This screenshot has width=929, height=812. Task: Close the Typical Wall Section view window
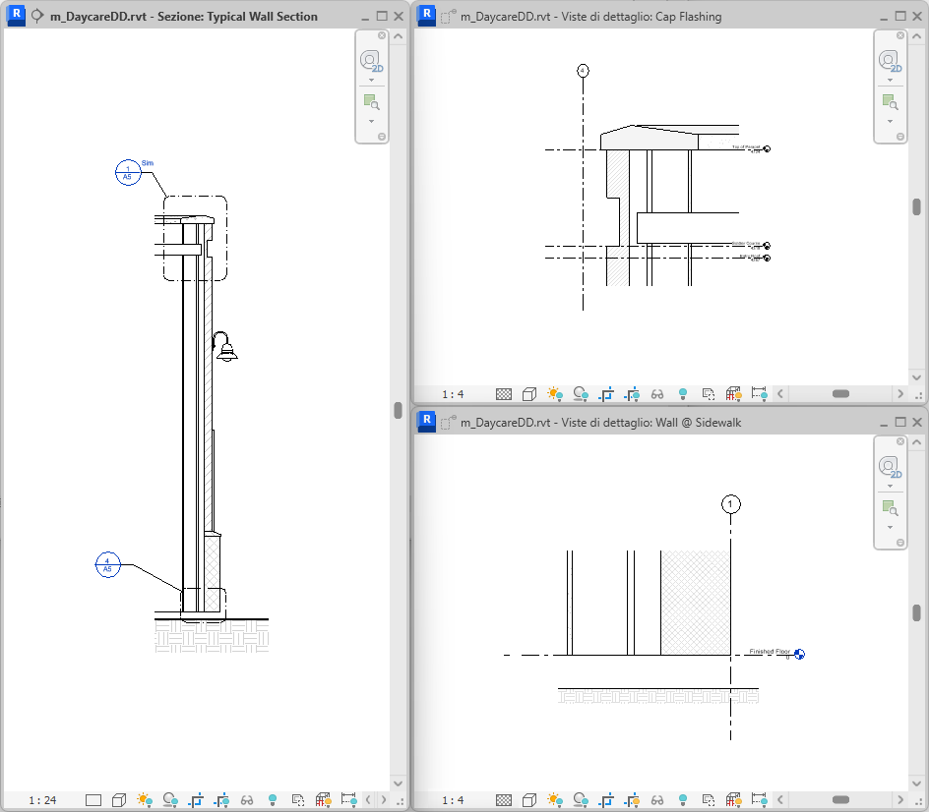[x=399, y=17]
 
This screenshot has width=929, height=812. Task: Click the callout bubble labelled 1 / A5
[x=127, y=172]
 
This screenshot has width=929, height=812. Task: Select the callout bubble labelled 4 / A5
[x=106, y=565]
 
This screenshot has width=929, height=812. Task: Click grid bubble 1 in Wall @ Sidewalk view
[x=730, y=504]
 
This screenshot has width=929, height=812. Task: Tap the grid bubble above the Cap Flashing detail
[x=583, y=70]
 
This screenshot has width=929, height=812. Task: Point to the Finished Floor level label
[x=770, y=652]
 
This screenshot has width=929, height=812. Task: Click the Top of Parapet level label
[x=747, y=147]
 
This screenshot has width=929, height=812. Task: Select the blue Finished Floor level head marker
[x=799, y=654]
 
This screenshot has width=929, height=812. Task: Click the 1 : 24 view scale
[x=42, y=800]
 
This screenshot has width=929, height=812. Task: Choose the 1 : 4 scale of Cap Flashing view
[x=453, y=393]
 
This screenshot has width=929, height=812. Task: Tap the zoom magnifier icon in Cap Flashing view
[x=889, y=101]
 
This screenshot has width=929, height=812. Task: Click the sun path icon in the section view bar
[x=145, y=800]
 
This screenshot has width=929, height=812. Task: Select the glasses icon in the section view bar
[x=247, y=800]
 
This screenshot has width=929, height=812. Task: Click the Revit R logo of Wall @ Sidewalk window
[x=427, y=423]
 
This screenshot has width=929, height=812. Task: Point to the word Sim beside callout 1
[x=148, y=162]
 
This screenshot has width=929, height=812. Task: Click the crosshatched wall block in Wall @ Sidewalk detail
[x=695, y=602]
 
